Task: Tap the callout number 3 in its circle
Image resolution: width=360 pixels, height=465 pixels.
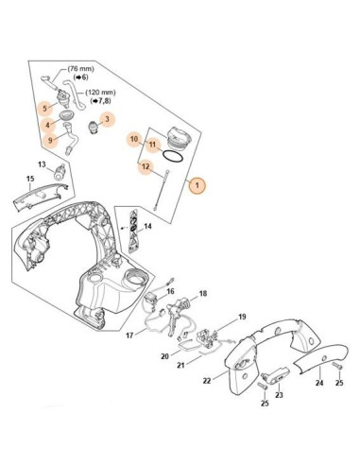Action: click(x=107, y=119)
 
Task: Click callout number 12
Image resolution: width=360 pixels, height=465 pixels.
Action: click(x=146, y=166)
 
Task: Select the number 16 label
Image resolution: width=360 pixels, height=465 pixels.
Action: click(x=170, y=292)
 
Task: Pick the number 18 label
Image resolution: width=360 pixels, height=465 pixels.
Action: click(x=202, y=294)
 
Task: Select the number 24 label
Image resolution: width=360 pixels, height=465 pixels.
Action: click(x=318, y=384)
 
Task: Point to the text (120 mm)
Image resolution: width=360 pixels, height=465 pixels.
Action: click(x=98, y=94)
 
